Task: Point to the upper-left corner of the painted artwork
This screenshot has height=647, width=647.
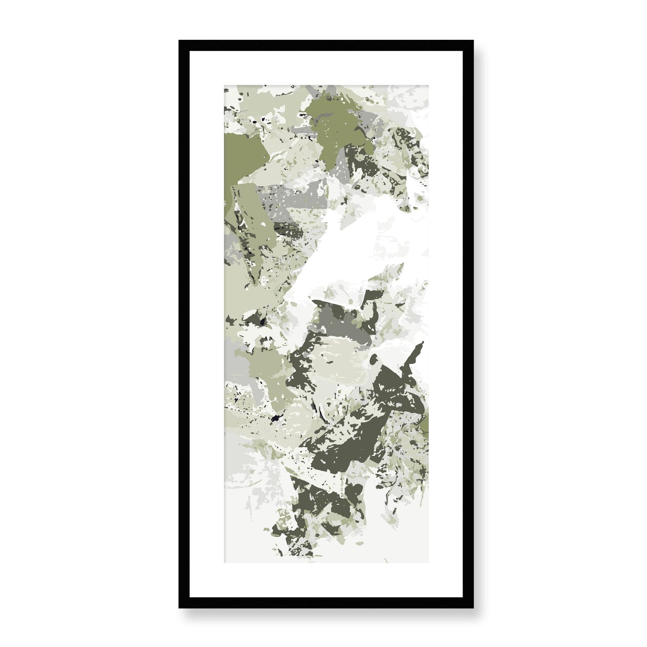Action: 225,84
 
